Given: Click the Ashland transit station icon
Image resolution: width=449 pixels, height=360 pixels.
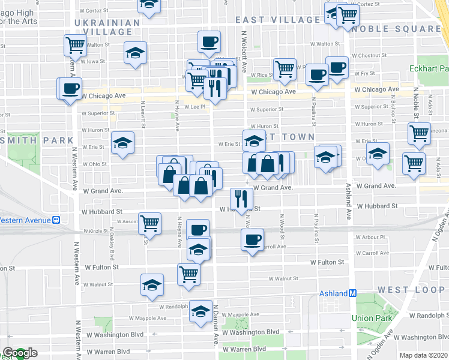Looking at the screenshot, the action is point(353,293).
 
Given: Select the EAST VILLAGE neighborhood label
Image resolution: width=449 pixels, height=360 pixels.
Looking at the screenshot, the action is point(274,20).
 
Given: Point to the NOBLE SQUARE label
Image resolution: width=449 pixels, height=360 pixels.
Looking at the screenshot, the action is point(397,28).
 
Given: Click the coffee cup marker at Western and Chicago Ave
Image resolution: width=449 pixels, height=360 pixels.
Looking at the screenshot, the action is point(68,88).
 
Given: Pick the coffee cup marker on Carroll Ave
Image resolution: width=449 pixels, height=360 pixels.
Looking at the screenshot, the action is point(252,239).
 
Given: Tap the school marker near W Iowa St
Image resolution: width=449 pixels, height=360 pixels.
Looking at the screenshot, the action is point(136,53).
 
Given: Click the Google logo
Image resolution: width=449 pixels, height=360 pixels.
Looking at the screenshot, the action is point(20,353).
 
